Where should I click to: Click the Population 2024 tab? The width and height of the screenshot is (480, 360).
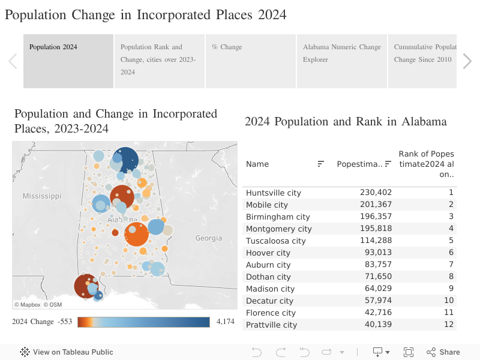pos(68,61)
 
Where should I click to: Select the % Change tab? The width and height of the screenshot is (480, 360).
pos(250,61)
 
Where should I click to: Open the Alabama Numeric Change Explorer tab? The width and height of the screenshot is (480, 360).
pos(341,61)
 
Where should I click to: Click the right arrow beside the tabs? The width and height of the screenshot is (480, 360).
pos(467,61)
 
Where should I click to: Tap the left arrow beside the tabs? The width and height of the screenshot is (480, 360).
pos(13,61)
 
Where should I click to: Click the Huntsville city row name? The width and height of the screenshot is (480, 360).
pos(274,193)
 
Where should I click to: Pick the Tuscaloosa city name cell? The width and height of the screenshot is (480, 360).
pos(275,241)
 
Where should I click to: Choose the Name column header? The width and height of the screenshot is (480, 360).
pos(257,164)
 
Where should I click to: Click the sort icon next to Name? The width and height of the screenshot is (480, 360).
pos(321,164)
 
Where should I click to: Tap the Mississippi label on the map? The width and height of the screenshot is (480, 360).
pos(42,196)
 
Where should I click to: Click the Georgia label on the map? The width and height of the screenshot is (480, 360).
pos(209,238)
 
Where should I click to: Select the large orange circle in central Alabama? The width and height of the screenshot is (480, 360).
pos(136,234)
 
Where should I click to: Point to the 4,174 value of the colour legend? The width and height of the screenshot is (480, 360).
pos(225,322)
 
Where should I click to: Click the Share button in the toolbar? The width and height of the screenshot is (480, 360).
pos(443,352)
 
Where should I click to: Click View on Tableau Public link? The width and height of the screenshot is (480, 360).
pos(67,352)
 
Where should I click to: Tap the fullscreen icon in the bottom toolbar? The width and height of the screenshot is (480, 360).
pos(409,352)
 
